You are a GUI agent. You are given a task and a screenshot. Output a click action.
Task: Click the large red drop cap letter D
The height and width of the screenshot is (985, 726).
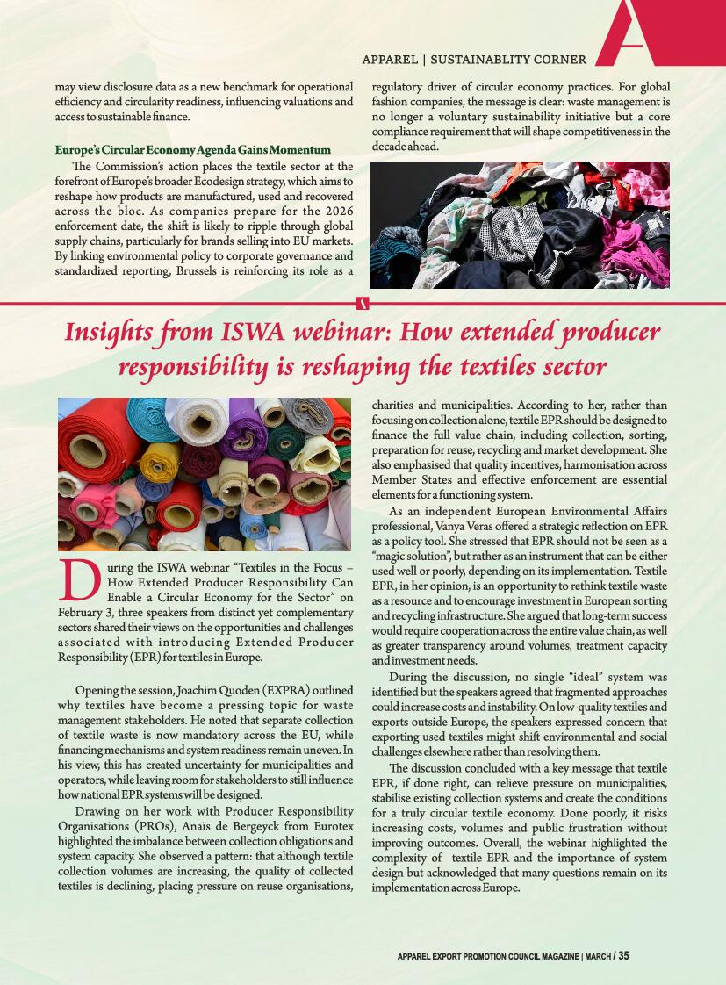click(78, 576)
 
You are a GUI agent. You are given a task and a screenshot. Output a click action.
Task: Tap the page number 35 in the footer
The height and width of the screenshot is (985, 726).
click(623, 956)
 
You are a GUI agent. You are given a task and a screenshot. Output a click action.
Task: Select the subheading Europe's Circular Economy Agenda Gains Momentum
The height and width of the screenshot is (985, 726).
click(192, 149)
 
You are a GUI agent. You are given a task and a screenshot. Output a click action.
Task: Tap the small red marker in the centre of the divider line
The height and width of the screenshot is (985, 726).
click(363, 303)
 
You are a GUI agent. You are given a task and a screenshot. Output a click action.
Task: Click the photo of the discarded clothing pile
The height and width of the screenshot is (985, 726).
click(520, 225)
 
